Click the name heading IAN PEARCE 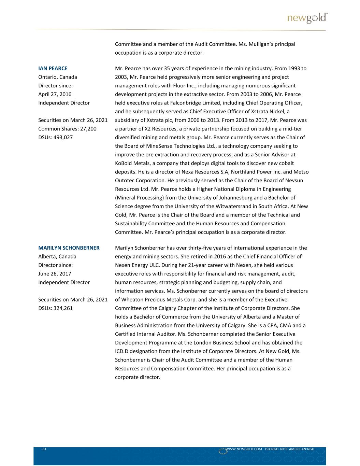[53, 68]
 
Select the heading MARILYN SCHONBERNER [69, 248]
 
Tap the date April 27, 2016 [55, 94]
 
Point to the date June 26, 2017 [54, 274]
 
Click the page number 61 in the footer [44, 449]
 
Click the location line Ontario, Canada [58, 77]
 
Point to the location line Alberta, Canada [57, 256]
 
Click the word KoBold [125, 163]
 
